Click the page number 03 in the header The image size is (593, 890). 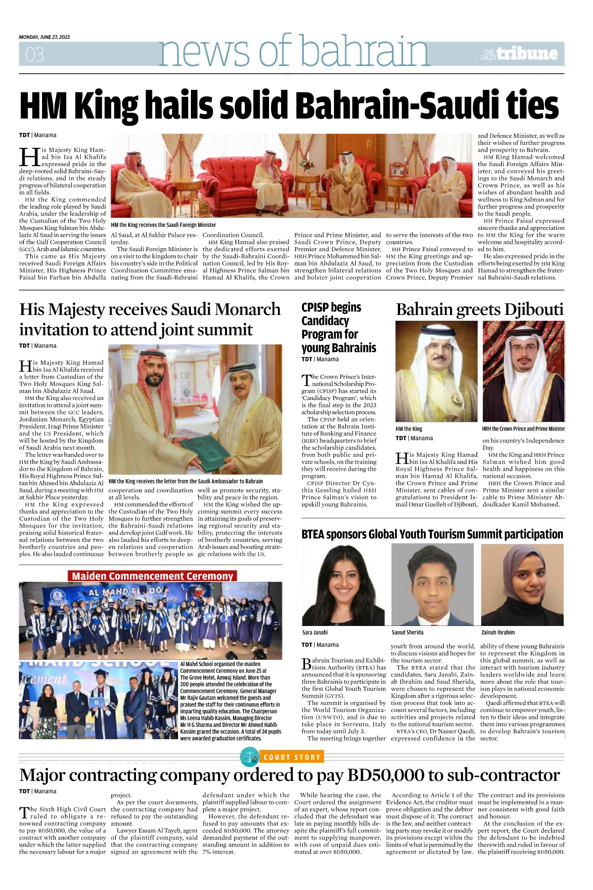coord(35,54)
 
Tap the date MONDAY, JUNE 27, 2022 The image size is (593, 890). coord(45,37)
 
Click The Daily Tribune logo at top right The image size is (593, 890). coord(519,54)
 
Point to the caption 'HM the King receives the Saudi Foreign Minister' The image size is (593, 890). coord(164,225)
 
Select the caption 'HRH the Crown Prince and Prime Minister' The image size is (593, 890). coord(523,429)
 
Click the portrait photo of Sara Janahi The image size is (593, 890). coord(343,585)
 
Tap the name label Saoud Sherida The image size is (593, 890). coord(408,632)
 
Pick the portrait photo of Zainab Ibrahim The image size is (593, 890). coord(522,585)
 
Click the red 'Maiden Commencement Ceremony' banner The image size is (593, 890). coord(152,576)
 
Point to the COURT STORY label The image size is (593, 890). coord(292,757)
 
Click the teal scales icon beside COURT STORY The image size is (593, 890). coord(250,757)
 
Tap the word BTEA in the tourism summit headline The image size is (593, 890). coord(314,534)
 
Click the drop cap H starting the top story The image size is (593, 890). coord(29,157)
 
